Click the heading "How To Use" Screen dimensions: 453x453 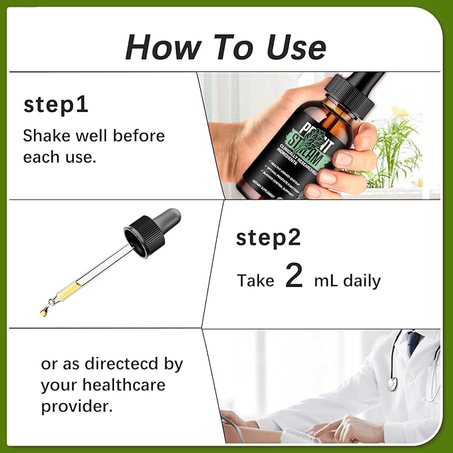point(225,47)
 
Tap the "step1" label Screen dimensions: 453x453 point(56,105)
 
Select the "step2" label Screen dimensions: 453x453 point(268,238)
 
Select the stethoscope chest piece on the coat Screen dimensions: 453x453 point(393,383)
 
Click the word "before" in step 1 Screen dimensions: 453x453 point(139,136)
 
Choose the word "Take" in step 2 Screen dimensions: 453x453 point(256,281)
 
